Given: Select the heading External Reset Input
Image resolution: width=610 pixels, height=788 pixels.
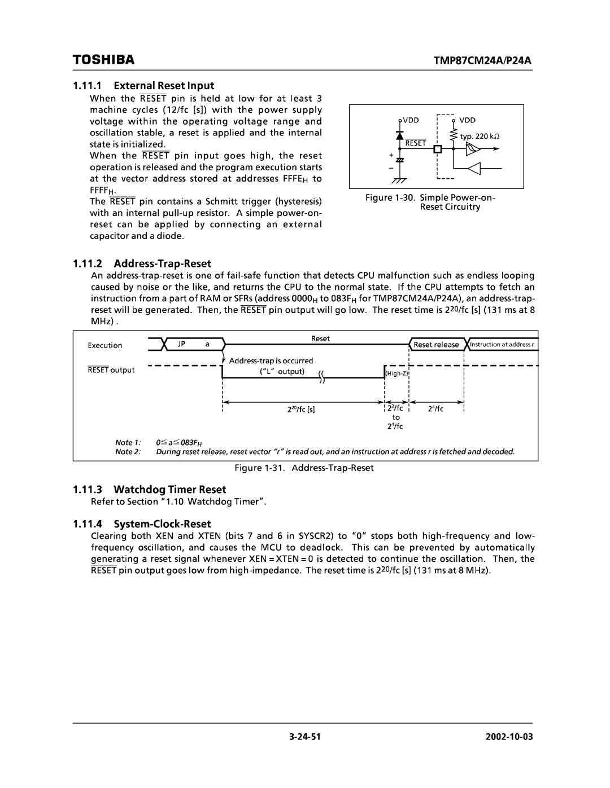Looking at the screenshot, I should point(164,86).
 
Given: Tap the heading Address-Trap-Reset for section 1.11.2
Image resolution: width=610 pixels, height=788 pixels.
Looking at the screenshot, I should point(162,263).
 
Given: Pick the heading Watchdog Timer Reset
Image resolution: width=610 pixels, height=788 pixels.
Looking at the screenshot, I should point(169,489).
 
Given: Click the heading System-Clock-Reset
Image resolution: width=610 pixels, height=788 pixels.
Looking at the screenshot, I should point(162,523).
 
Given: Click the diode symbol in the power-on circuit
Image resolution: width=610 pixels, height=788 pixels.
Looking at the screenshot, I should point(400,136).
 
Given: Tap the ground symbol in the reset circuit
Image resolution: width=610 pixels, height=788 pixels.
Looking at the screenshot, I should point(400,179).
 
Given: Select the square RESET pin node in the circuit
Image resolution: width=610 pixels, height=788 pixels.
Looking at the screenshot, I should point(437,149).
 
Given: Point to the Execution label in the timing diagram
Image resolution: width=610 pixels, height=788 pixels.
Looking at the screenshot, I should point(105,345).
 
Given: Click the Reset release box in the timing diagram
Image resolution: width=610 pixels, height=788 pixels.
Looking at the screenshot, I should point(436,345).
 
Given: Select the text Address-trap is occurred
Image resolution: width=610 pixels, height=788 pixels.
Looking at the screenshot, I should point(271,360).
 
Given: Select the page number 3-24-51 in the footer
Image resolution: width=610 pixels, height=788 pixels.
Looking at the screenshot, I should point(305,737).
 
